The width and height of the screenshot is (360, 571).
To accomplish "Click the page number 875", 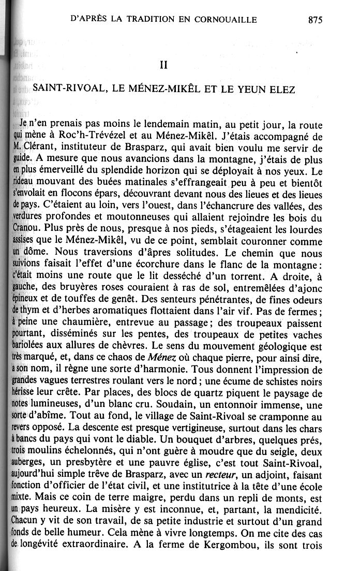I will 314,21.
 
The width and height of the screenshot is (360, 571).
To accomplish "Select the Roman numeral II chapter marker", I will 164,66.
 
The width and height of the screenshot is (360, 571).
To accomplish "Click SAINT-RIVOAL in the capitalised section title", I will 69,89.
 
